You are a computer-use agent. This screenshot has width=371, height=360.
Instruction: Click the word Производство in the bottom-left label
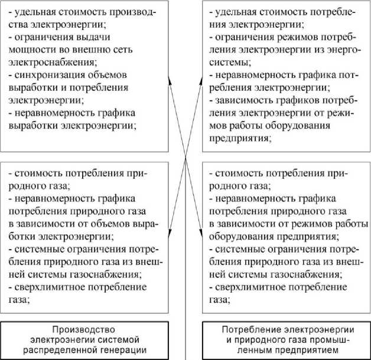click(x=79, y=329)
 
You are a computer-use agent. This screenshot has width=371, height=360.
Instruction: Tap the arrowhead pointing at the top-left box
click(x=170, y=80)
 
